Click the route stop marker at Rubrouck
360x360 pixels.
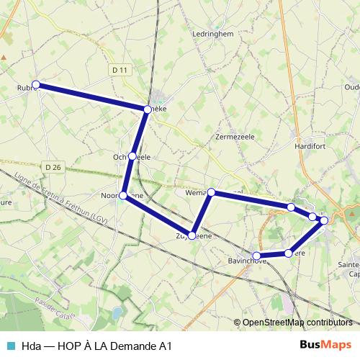pyautogui.click(x=36, y=84)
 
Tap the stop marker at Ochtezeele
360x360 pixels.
pyautogui.click(x=132, y=156)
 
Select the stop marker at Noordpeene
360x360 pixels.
pyautogui.click(x=124, y=195)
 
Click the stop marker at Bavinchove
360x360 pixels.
pyautogui.click(x=256, y=256)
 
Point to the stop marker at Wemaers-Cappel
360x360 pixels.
pyautogui.click(x=212, y=192)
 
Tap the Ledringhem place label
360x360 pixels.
pyautogui.click(x=210, y=33)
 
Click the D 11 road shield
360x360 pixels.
pyautogui.click(x=120, y=69)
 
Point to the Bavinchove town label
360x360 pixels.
pyautogui.click(x=245, y=261)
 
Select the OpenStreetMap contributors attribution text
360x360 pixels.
pyautogui.click(x=297, y=323)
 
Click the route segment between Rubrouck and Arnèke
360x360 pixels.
pyautogui.click(x=91, y=97)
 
